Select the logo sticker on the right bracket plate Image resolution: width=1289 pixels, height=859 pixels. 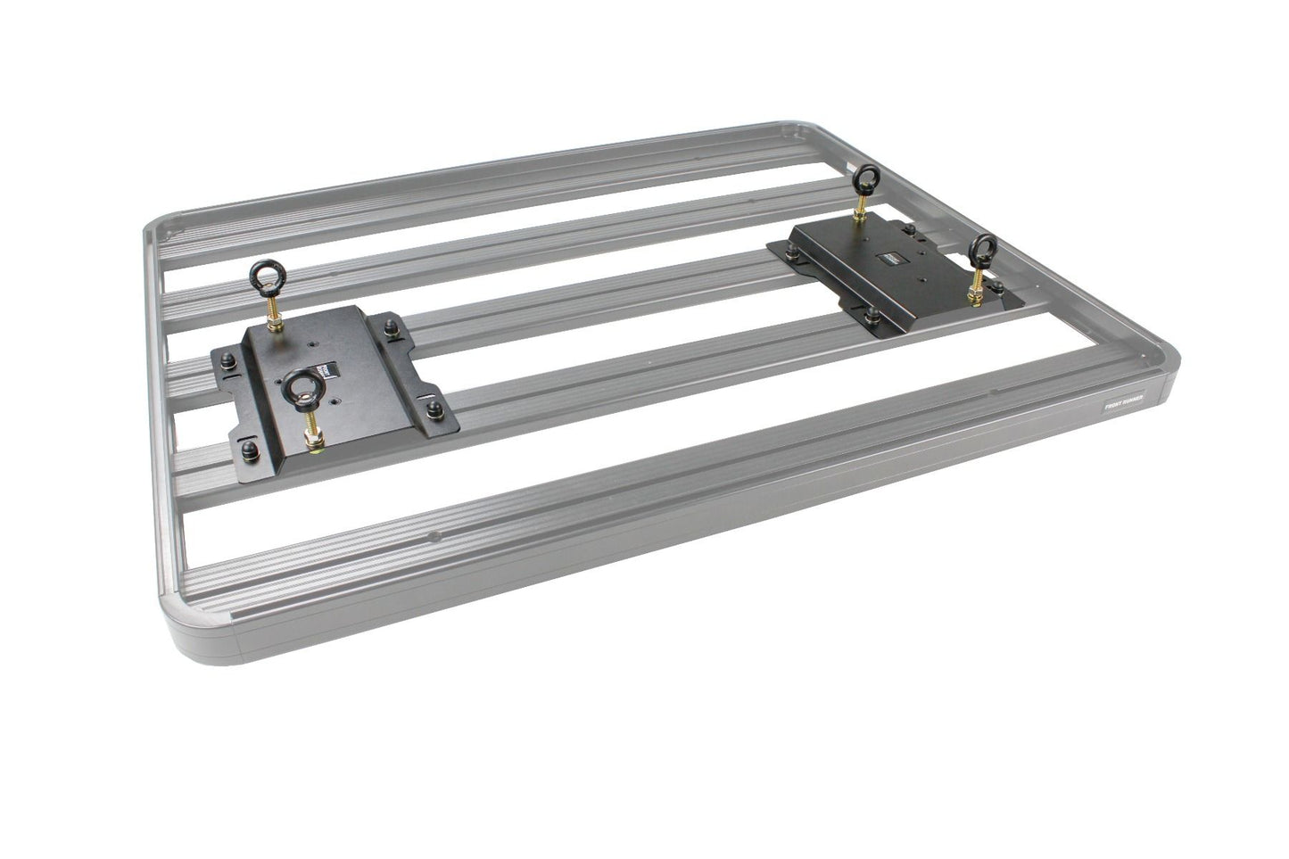[x=888, y=260]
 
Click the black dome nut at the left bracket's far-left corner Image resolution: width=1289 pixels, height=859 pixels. [x=227, y=359]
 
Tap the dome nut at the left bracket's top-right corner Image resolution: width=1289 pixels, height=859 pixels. [x=392, y=328]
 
